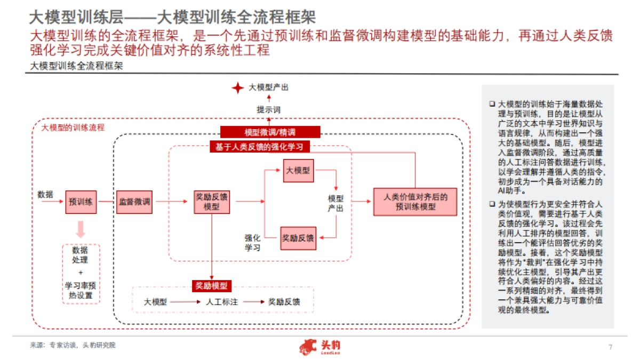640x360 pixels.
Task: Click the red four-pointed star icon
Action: tap(237, 88)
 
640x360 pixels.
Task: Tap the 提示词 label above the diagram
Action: tap(268, 109)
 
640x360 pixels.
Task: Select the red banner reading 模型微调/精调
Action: tap(270, 132)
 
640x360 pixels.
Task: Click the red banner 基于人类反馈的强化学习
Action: tap(259, 147)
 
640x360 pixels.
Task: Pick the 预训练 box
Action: tap(81, 202)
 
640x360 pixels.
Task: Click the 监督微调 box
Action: tap(134, 202)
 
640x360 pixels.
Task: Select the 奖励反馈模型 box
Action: tap(212, 202)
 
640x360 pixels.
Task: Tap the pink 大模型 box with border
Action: tap(298, 171)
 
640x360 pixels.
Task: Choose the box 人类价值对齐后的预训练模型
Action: tap(415, 202)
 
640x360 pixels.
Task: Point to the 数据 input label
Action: tap(45, 194)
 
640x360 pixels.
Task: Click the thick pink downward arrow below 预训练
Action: tap(81, 229)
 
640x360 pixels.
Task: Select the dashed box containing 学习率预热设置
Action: tap(81, 273)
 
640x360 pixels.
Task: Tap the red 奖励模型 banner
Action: tap(212, 286)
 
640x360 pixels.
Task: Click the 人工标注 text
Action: tap(221, 302)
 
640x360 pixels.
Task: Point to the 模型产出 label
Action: tap(335, 203)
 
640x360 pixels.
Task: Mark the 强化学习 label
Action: tap(252, 242)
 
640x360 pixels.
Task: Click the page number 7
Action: tap(610, 347)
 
